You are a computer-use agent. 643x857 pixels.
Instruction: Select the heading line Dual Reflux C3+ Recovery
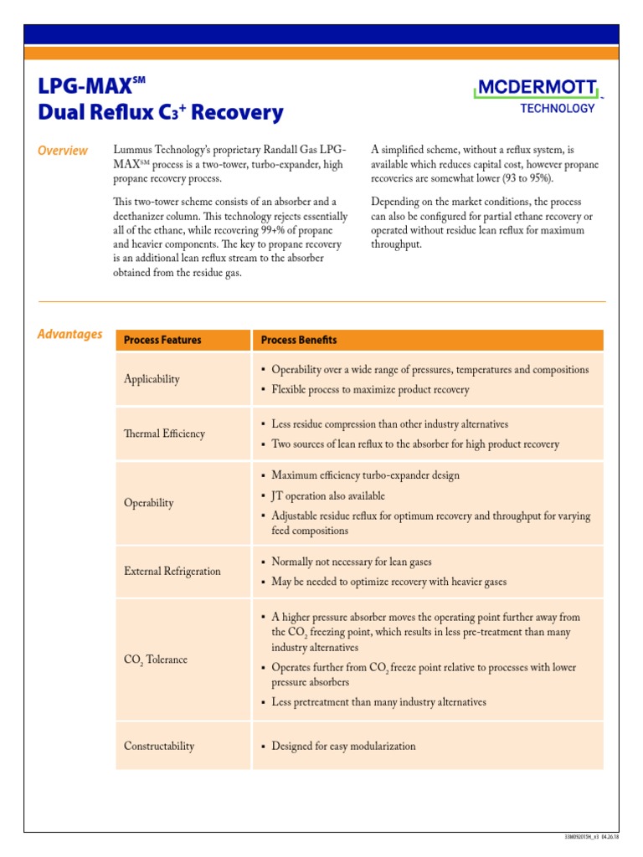pyautogui.click(x=161, y=112)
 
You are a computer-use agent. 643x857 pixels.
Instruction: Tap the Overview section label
pyautogui.click(x=63, y=151)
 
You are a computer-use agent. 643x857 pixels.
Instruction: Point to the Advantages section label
pyautogui.click(x=69, y=334)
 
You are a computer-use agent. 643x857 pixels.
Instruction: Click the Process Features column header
pyautogui.click(x=162, y=340)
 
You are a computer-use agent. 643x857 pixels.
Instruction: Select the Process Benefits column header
pyautogui.click(x=299, y=340)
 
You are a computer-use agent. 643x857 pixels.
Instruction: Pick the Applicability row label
pyautogui.click(x=152, y=379)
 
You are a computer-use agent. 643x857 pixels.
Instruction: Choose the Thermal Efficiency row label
pyautogui.click(x=164, y=434)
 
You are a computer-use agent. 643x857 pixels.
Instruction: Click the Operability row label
pyautogui.click(x=149, y=503)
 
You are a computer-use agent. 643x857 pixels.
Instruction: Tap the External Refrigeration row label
pyautogui.click(x=172, y=571)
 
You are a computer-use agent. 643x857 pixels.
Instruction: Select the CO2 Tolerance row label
pyautogui.click(x=156, y=659)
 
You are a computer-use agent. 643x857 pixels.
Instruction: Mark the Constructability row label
pyautogui.click(x=159, y=746)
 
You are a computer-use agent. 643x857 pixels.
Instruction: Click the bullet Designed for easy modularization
pyautogui.click(x=343, y=746)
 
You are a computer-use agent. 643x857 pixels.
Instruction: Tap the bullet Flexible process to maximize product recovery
pyautogui.click(x=370, y=389)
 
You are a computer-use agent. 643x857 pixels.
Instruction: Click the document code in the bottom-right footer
pyautogui.click(x=590, y=835)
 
